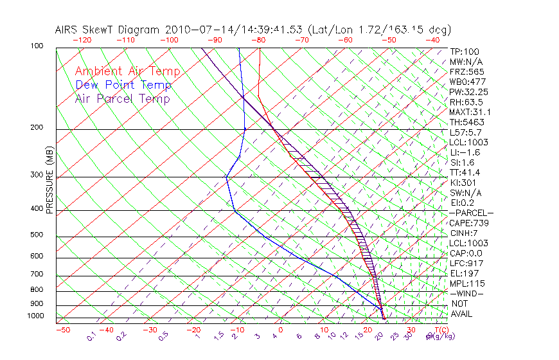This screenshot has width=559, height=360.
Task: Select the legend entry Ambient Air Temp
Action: coord(127,72)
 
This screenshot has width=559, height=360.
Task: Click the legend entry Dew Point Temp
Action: coord(123,85)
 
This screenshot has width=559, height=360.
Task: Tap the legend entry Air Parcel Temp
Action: coord(123,99)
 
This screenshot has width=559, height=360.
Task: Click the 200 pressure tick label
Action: coord(37,128)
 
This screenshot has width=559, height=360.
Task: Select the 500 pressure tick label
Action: coord(37,235)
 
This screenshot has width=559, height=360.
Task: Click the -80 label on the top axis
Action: coord(258,40)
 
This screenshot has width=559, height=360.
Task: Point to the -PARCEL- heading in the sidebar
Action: coord(471,213)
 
